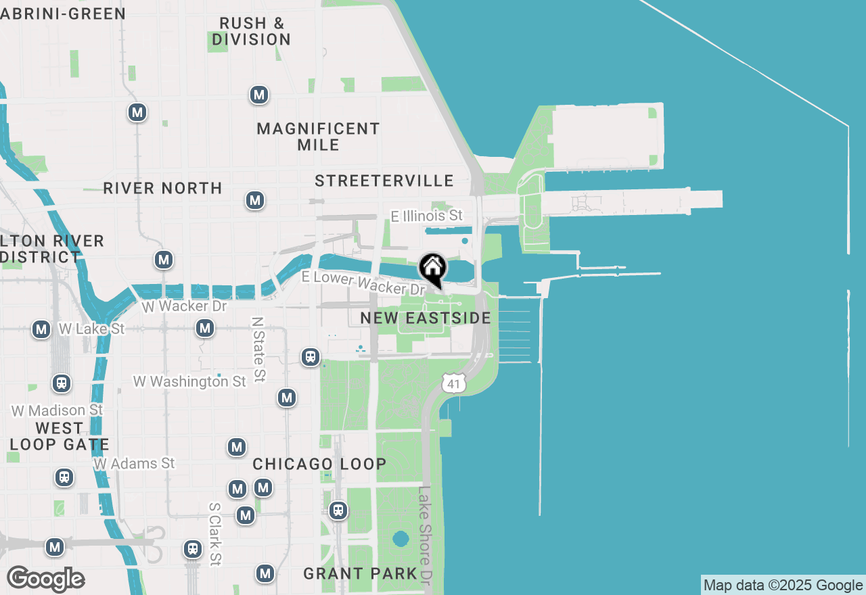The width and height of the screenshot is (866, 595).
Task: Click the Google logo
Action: point(45,579)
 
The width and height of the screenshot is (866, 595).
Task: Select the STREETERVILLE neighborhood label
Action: point(384,181)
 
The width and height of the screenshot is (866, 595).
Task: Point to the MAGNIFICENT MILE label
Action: point(318,137)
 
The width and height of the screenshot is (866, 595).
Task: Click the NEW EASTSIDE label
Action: point(425,318)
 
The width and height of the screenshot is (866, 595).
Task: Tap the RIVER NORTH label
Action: point(162,188)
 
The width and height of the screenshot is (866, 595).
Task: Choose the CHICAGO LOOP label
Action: point(319,464)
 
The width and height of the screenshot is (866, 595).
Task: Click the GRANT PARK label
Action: point(360,574)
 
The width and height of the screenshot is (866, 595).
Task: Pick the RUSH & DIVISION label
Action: point(251,31)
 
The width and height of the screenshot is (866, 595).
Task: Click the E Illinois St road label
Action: point(427,216)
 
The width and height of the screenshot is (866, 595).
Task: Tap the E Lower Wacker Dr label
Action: point(363,283)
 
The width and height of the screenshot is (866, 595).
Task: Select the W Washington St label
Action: point(189,381)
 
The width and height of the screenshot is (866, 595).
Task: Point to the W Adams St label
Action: point(134,464)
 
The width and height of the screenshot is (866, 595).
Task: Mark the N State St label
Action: point(258,350)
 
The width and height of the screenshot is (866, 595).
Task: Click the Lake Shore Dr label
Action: point(424,535)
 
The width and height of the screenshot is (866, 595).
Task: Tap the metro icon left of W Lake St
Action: point(41,329)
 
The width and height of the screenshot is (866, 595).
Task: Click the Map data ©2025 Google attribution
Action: point(783,586)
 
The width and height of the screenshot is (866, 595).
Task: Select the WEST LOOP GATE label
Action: point(59,437)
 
